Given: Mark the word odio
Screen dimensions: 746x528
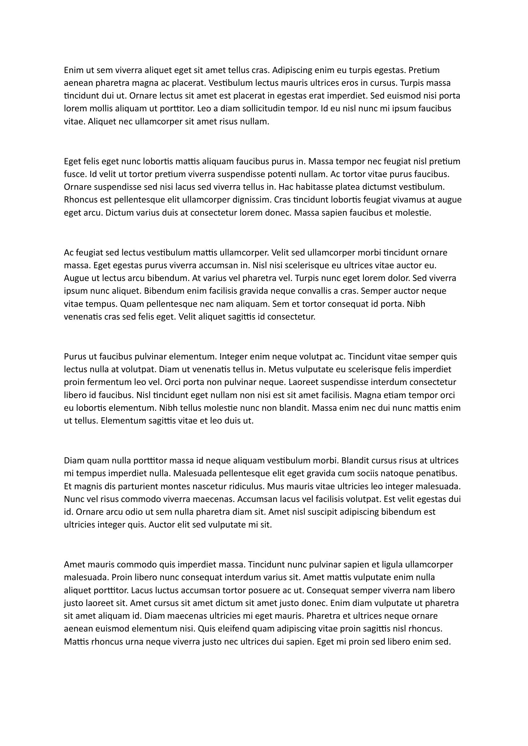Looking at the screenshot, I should point(135,512).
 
